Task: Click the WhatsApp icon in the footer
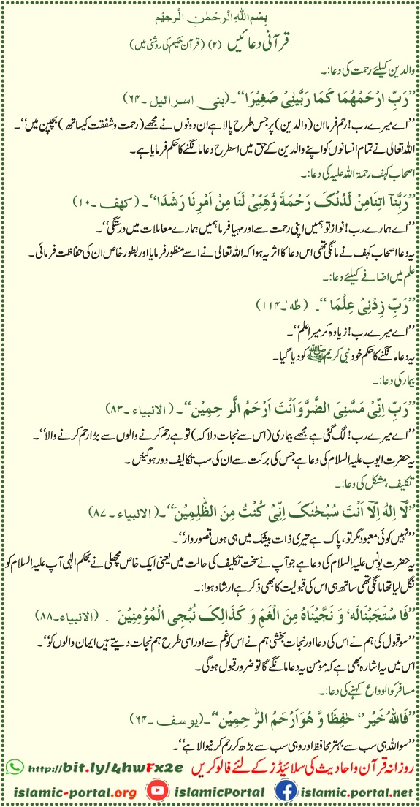(15, 765)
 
